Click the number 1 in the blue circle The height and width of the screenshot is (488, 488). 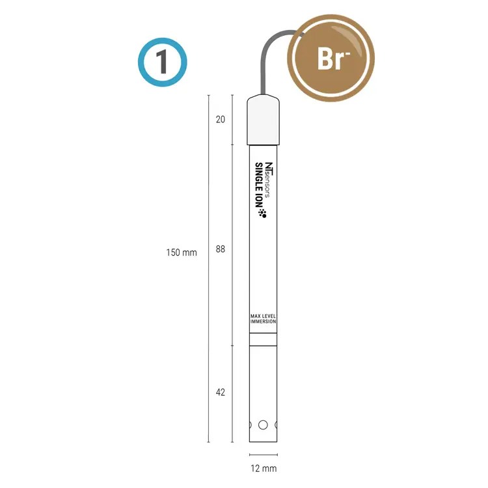pyautogui.click(x=162, y=62)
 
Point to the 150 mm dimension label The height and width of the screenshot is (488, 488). pyautogui.click(x=181, y=252)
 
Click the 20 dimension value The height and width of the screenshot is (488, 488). pyautogui.click(x=220, y=120)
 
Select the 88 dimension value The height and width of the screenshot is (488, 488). pyautogui.click(x=220, y=249)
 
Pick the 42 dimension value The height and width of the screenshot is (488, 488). pyautogui.click(x=220, y=392)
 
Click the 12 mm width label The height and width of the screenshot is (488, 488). pyautogui.click(x=263, y=468)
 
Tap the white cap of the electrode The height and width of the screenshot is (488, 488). pyautogui.click(x=263, y=122)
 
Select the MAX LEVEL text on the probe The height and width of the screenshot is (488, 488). pyautogui.click(x=264, y=316)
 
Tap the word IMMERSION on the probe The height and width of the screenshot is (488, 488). pyautogui.click(x=264, y=322)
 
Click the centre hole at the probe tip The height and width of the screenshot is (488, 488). pyautogui.click(x=263, y=425)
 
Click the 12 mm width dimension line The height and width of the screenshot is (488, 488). pyautogui.click(x=263, y=454)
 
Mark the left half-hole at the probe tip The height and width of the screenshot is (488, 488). pyautogui.click(x=249, y=425)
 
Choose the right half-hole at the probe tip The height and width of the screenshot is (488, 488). pyautogui.click(x=277, y=425)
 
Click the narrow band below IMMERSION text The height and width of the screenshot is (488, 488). pyautogui.click(x=263, y=339)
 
